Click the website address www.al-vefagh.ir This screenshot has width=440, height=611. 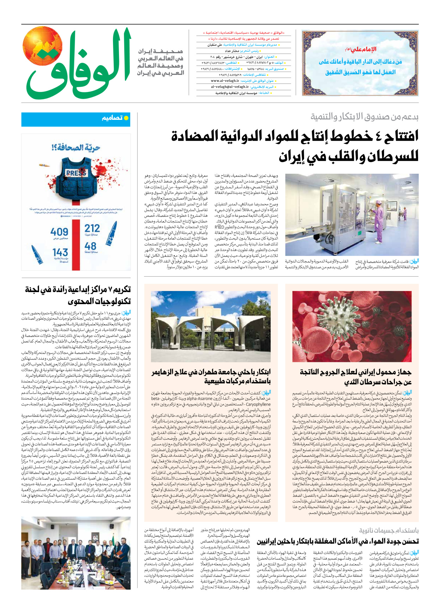[x=225, y=81]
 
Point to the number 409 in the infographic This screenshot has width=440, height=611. [x=59, y=232]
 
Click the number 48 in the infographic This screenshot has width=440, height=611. [x=90, y=246]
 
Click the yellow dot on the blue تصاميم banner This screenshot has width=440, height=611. [x=126, y=118]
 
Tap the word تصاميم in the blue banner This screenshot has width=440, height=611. [x=112, y=118]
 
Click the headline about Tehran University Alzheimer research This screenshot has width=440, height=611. [x=211, y=377]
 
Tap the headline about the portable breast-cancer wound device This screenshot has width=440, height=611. [x=356, y=377]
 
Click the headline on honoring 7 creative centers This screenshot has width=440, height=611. [x=78, y=295]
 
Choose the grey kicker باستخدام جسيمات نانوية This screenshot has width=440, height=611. [x=389, y=530]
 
